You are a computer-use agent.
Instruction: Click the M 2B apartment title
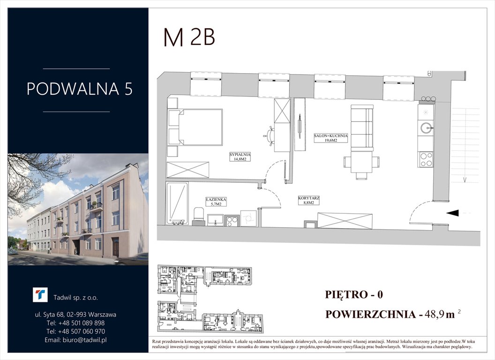click(188, 37)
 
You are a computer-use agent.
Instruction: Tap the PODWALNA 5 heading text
click(80, 89)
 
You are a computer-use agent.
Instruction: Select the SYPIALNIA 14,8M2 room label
click(241, 157)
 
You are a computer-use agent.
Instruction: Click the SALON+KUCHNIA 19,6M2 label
click(331, 137)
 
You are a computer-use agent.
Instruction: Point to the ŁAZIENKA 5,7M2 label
click(216, 202)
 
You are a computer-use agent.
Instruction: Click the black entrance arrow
click(452, 213)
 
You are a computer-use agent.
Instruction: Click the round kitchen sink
click(426, 127)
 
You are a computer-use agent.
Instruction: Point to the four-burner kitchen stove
click(426, 159)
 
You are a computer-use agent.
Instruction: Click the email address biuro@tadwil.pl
click(76, 340)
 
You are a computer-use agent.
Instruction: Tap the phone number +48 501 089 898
click(76, 323)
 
